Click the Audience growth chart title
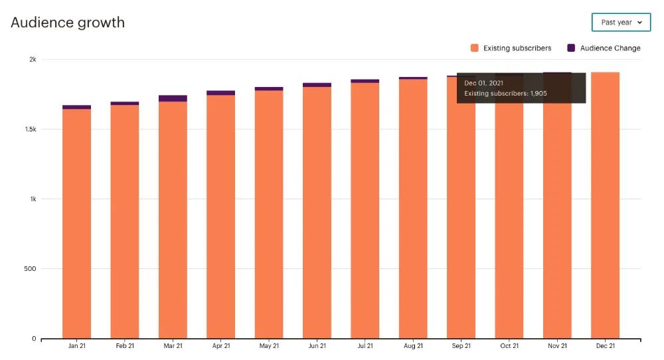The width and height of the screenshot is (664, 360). (68, 22)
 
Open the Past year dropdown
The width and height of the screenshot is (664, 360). (621, 23)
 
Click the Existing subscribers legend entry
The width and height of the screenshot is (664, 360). (511, 48)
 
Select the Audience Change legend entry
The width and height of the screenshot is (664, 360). (604, 48)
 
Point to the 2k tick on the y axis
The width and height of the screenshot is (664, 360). (32, 60)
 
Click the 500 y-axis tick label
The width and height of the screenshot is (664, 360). (29, 269)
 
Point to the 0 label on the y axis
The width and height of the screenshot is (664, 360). (34, 339)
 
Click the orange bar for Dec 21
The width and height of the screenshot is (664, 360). (605, 206)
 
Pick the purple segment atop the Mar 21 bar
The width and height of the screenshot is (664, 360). (173, 98)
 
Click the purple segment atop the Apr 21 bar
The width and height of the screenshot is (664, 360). (220, 93)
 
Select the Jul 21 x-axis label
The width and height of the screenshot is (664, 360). (365, 346)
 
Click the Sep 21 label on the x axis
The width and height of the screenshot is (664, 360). (461, 346)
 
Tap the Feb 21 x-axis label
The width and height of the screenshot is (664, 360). (125, 346)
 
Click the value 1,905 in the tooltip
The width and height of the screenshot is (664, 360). (538, 94)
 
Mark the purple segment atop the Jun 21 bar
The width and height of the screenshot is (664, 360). (317, 85)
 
